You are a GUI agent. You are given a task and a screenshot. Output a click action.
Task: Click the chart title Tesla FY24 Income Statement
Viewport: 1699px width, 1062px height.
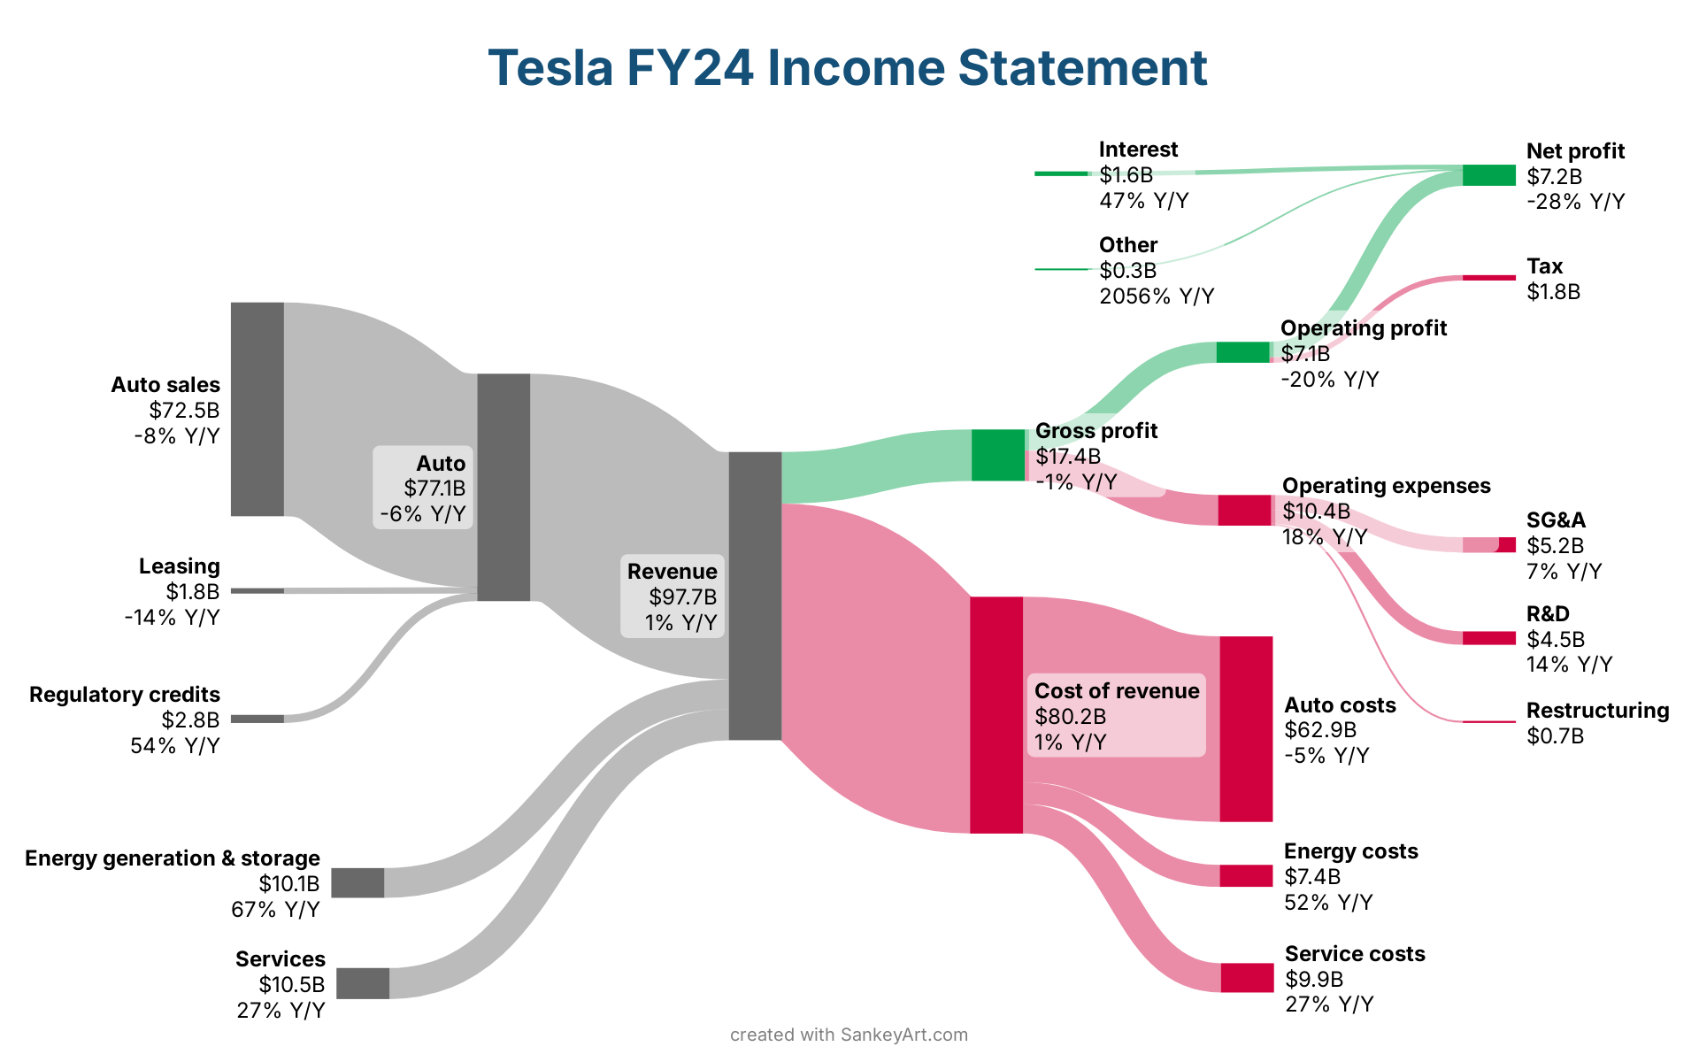tap(848, 67)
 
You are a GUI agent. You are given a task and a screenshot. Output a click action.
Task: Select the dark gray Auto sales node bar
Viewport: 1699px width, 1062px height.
tap(258, 409)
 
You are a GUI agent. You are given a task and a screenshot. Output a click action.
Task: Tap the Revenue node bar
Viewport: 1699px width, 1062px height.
tap(755, 596)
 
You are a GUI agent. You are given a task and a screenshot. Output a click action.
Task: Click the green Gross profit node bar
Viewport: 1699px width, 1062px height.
tap(998, 455)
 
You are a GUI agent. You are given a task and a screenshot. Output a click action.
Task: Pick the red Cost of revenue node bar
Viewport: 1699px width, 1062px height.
tap(996, 715)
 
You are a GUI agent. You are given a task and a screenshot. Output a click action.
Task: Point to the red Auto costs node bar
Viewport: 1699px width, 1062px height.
tap(1246, 728)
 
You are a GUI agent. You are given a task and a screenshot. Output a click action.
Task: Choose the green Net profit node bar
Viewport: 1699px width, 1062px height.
tap(1488, 175)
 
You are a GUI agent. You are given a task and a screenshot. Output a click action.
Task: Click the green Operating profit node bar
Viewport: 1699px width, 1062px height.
tap(1242, 352)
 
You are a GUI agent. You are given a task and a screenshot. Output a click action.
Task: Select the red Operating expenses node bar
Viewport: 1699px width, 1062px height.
tap(1244, 511)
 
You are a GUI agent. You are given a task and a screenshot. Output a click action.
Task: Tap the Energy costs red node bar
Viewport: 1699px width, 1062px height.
tap(1246, 876)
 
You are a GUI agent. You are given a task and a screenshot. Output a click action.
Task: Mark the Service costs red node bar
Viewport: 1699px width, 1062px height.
tap(1247, 978)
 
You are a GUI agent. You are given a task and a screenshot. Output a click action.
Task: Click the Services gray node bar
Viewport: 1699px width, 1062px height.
tap(363, 983)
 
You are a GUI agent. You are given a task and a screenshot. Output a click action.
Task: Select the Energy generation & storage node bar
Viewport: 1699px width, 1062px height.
tap(357, 883)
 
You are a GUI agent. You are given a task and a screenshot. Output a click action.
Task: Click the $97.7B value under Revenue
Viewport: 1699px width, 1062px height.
tap(682, 597)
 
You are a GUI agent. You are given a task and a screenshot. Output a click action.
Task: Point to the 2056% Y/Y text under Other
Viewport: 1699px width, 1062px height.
tap(1157, 296)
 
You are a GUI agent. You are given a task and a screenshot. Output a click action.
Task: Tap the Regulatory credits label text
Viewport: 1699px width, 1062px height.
tap(125, 695)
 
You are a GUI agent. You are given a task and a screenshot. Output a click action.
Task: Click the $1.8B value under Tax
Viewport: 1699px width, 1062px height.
tap(1553, 292)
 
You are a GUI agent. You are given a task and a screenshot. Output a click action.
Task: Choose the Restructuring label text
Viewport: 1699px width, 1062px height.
tap(1597, 711)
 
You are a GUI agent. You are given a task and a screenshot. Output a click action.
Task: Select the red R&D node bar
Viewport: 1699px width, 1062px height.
tap(1488, 638)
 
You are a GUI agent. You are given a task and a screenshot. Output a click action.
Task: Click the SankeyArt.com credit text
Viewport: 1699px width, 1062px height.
tap(903, 1035)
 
